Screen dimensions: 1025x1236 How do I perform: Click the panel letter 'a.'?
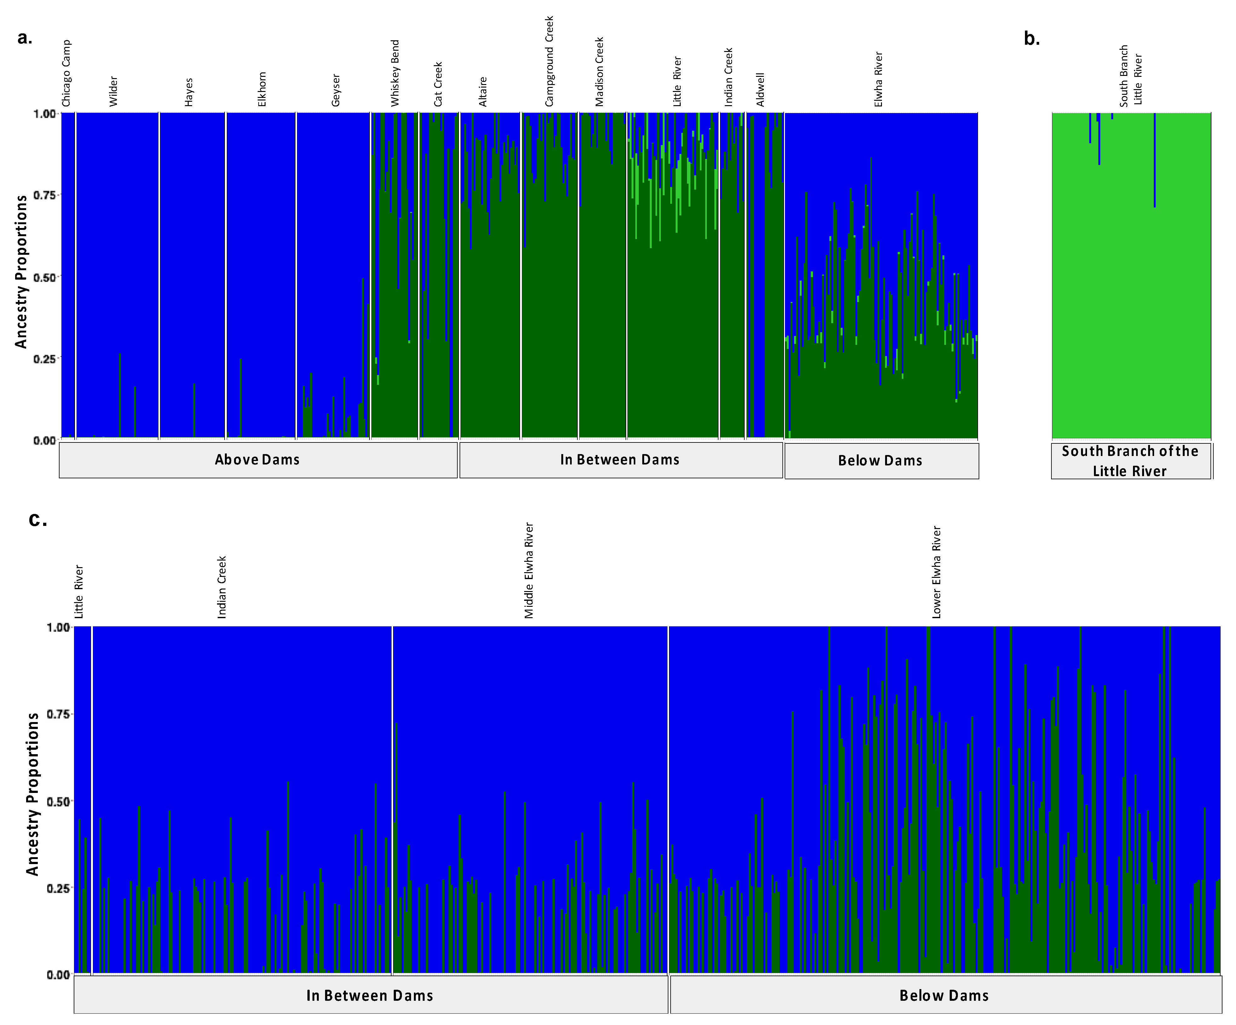(25, 38)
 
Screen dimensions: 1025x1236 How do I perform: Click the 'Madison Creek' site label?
(599, 72)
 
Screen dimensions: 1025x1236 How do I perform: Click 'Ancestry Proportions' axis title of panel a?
(21, 272)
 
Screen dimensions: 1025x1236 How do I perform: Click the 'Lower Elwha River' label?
(936, 572)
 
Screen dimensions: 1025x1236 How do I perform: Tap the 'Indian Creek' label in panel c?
(222, 587)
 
